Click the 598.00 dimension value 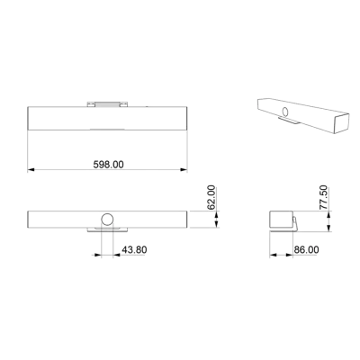[x=108, y=165]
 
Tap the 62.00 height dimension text [x=211, y=197]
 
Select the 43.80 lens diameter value [x=134, y=249]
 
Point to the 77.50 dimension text [x=324, y=198]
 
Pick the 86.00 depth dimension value [x=306, y=249]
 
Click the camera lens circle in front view [x=107, y=220]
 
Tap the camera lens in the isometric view [x=285, y=112]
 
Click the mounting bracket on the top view [x=107, y=104]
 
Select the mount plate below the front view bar [x=107, y=229]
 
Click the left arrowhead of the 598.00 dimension [x=31, y=170]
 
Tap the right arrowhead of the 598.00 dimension [x=184, y=170]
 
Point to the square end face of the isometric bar [x=341, y=123]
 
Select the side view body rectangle [x=281, y=220]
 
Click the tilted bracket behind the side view [x=295, y=223]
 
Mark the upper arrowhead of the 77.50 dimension [x=329, y=214]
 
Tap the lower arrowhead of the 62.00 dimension [x=217, y=224]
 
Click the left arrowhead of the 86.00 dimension [x=273, y=255]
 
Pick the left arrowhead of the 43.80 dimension [x=97, y=255]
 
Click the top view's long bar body [x=107, y=118]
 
